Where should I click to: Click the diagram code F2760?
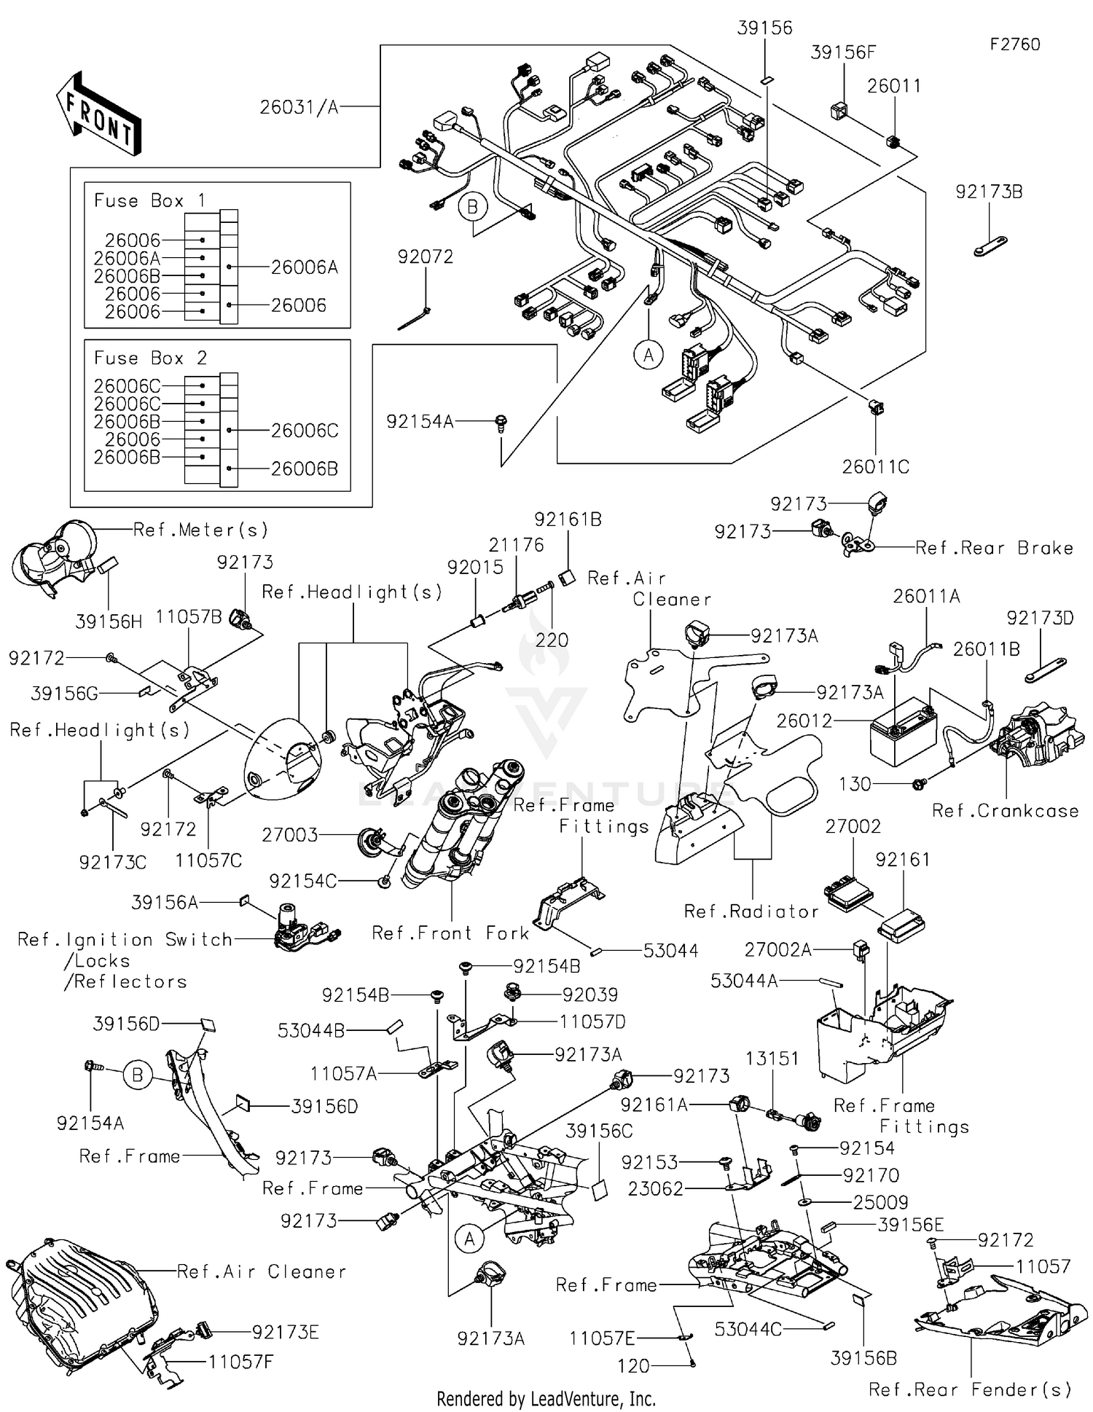pyautogui.click(x=1014, y=44)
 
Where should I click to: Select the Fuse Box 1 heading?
pyautogui.click(x=150, y=200)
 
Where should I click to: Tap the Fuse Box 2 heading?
pyautogui.click(x=150, y=358)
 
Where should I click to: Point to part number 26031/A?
pyautogui.click(x=299, y=107)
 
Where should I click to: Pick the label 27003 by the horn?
pyautogui.click(x=289, y=835)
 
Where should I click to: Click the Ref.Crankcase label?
pyautogui.click(x=1005, y=811)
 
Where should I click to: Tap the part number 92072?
pyautogui.click(x=425, y=256)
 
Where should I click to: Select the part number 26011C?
pyautogui.click(x=875, y=466)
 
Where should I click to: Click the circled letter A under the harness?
pyautogui.click(x=648, y=355)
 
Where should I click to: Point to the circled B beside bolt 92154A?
pyautogui.click(x=137, y=1075)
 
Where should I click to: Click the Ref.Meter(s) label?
pyautogui.click(x=201, y=530)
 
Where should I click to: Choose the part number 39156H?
pyautogui.click(x=109, y=621)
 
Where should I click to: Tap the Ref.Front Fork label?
pyautogui.click(x=450, y=933)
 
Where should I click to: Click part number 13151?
pyautogui.click(x=772, y=1058)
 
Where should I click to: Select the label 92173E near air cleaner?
pyautogui.click(x=285, y=1333)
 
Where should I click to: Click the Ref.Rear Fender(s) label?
pyautogui.click(x=970, y=1389)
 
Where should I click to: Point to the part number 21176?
pyautogui.click(x=516, y=545)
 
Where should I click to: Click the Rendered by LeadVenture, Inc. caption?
pyautogui.click(x=546, y=1399)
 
